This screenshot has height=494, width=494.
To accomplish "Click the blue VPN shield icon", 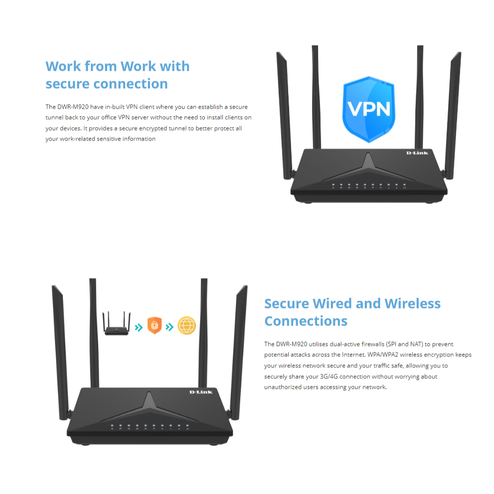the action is click(x=368, y=109).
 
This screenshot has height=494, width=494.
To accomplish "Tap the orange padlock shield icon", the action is click(x=155, y=325).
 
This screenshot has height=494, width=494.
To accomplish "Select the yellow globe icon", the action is click(x=186, y=325).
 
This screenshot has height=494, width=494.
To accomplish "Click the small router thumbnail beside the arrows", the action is click(x=116, y=323).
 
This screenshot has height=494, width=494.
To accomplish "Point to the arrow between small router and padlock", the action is click(x=139, y=328).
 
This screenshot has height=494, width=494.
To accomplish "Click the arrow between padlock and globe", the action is click(x=169, y=327).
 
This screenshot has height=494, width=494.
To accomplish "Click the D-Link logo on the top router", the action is click(x=417, y=153).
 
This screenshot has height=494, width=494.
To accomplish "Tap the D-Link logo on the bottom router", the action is click(x=201, y=392).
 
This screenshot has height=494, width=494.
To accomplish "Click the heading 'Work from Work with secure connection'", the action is click(x=118, y=75).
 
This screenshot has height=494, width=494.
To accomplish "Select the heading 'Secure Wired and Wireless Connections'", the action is click(x=352, y=312).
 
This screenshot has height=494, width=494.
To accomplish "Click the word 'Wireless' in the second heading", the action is click(x=412, y=304).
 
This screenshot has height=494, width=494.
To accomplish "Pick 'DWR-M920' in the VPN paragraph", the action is click(x=73, y=107).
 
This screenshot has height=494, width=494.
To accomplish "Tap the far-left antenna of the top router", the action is click(x=285, y=115).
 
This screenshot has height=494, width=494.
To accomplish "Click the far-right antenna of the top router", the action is click(x=453, y=115).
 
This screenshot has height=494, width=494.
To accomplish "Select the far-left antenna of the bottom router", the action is click(x=60, y=352).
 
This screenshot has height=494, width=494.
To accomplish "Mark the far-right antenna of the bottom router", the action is click(x=238, y=352).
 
